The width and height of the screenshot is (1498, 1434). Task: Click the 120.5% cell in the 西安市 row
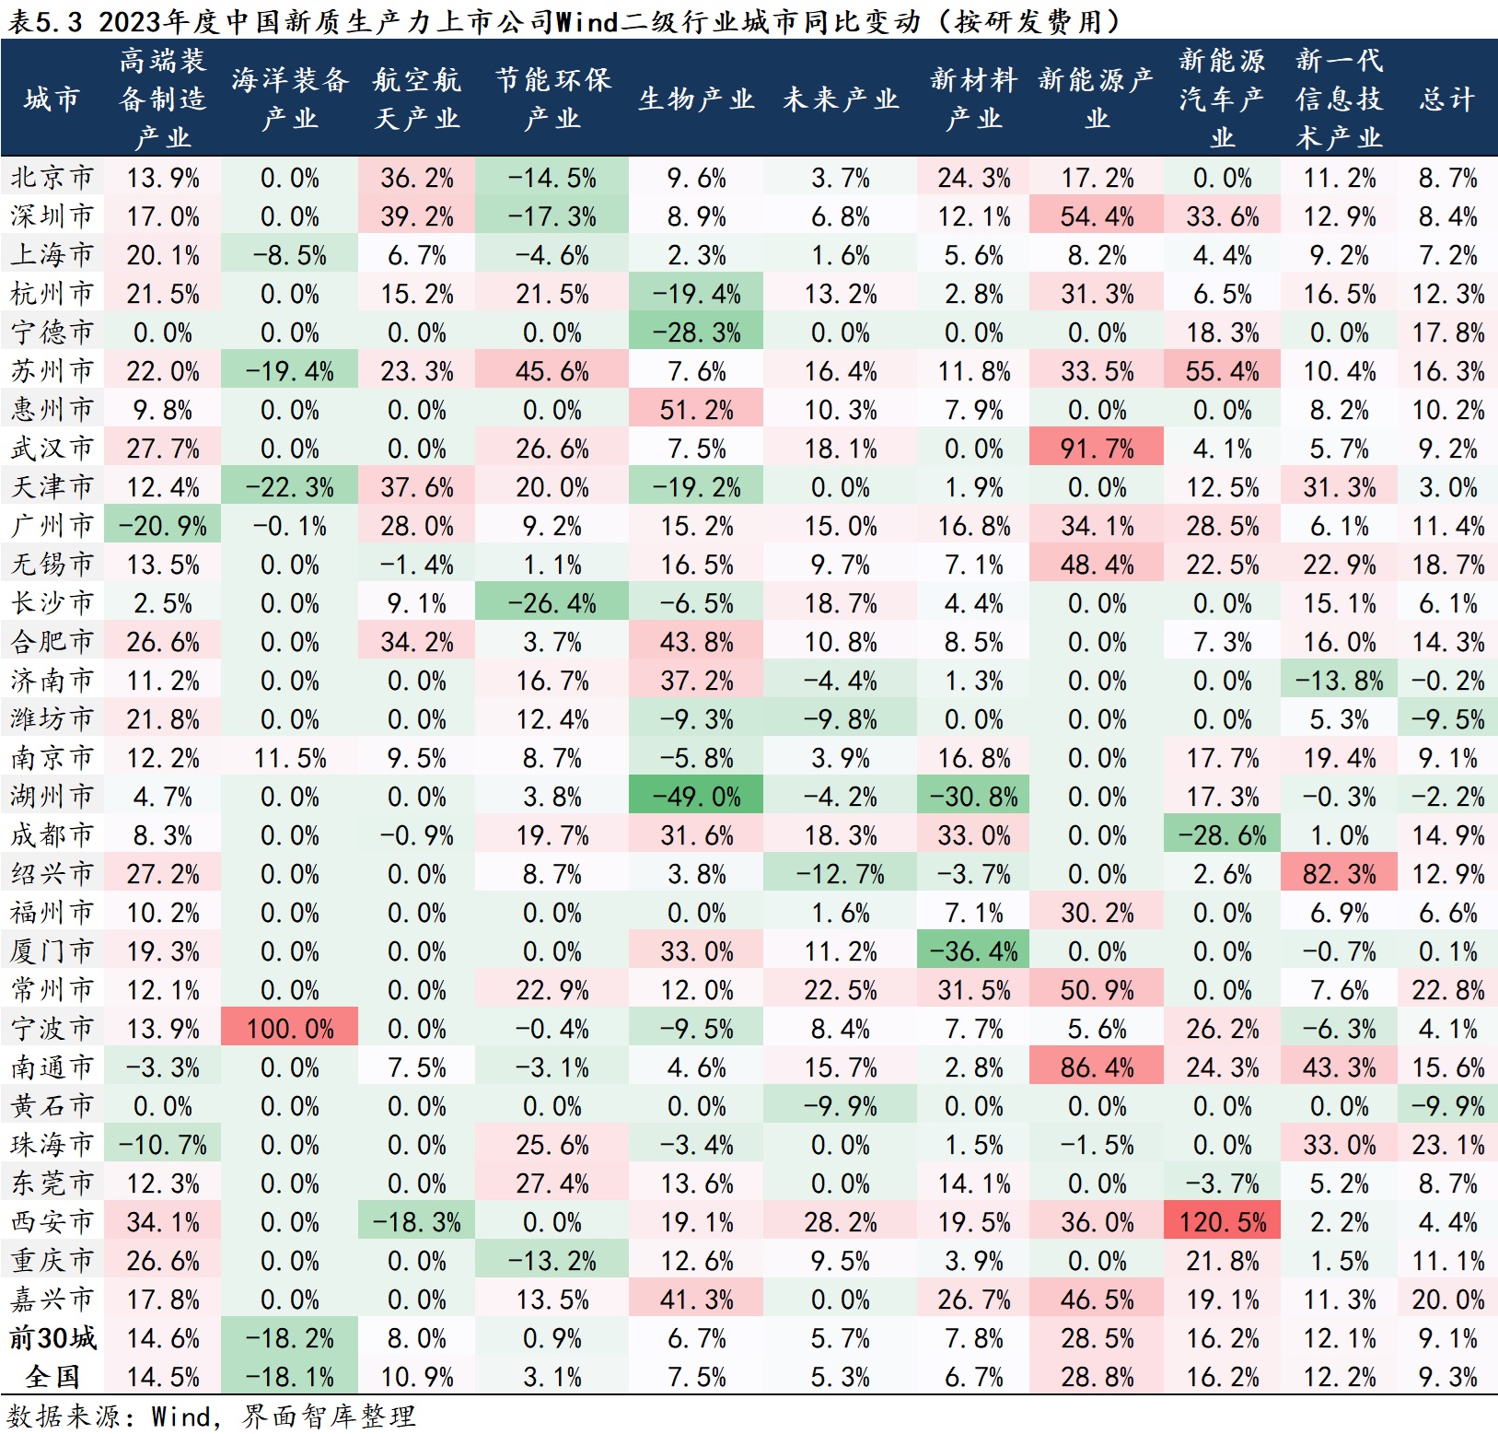[1222, 1222]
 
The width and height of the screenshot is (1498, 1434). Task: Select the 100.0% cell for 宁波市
[289, 1029]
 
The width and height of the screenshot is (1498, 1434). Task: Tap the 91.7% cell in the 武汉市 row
[1097, 449]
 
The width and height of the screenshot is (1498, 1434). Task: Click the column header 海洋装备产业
[289, 99]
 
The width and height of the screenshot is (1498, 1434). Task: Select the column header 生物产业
[696, 99]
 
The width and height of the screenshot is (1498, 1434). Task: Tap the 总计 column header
[1447, 99]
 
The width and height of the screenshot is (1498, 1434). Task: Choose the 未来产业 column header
[840, 99]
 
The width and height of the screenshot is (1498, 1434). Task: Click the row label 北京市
[52, 178]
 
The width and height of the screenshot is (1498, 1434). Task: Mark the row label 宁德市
[52, 332]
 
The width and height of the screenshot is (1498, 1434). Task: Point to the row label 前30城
[52, 1338]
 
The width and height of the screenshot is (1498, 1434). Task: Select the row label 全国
[52, 1377]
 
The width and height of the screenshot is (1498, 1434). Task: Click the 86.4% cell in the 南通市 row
[1097, 1067]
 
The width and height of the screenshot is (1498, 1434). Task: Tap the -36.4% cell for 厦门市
[973, 951]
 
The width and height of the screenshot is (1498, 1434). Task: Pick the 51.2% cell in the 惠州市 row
[696, 410]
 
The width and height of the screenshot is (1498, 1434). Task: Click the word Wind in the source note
[180, 1416]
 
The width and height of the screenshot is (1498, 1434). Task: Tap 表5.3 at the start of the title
[45, 20]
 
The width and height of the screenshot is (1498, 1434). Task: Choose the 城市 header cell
[52, 99]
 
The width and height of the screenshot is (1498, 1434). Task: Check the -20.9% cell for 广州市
[162, 526]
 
